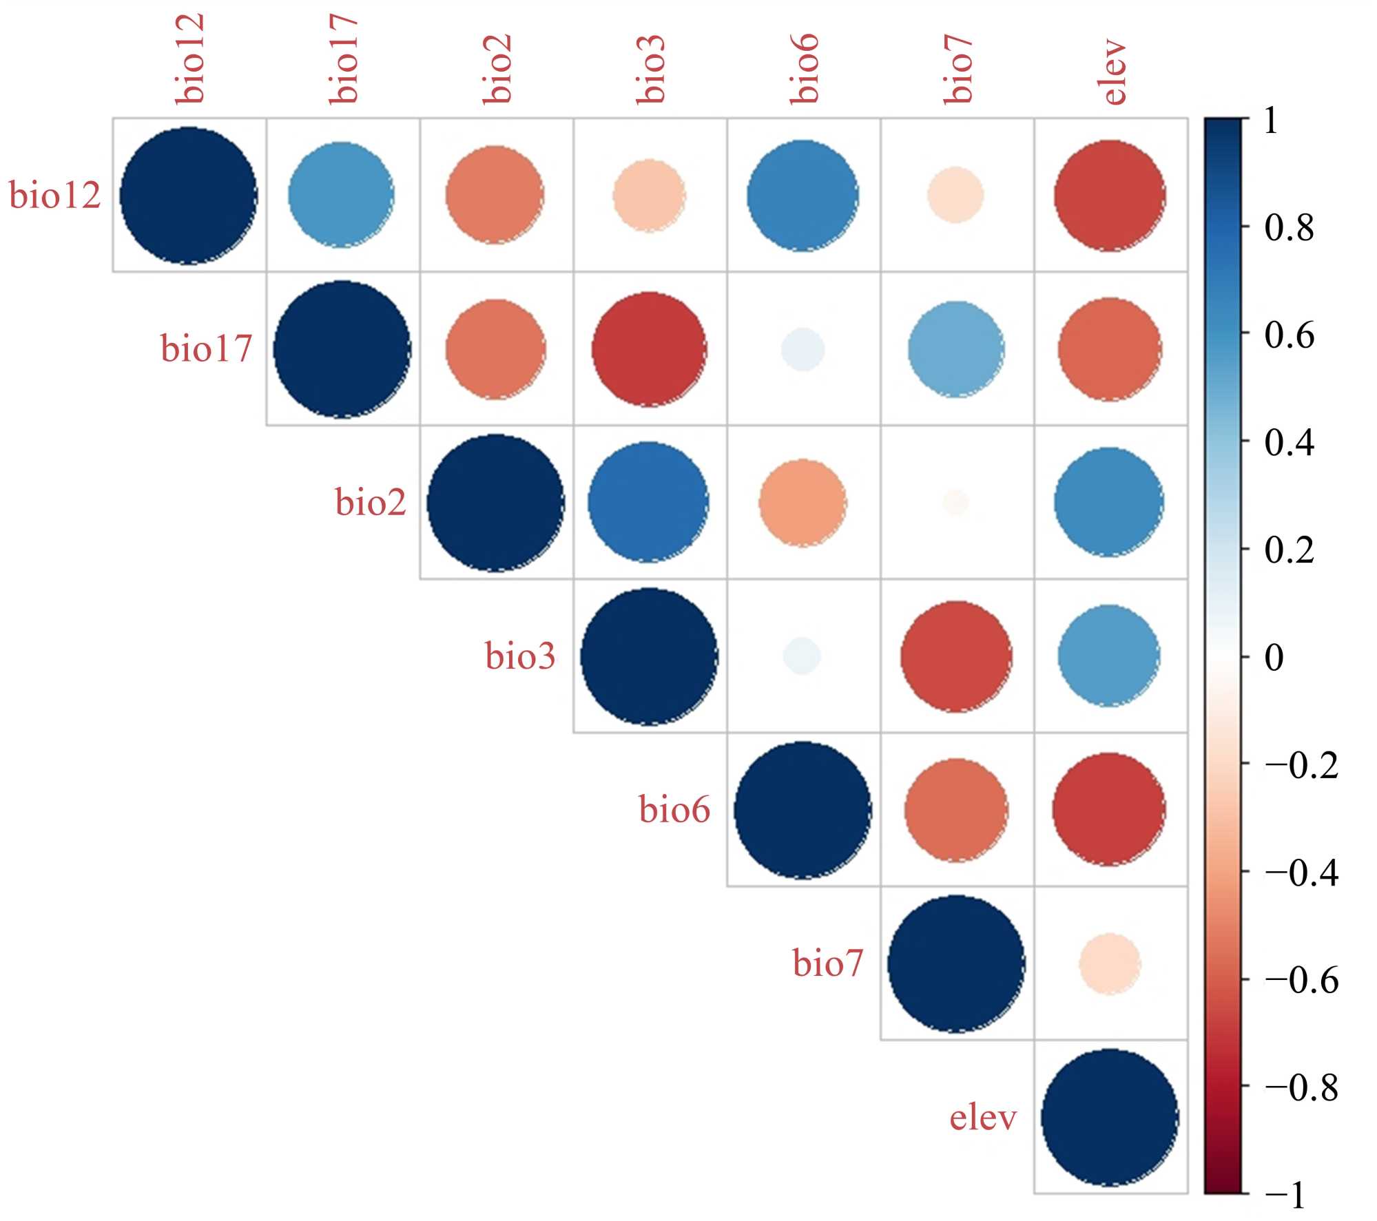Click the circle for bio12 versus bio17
[342, 195]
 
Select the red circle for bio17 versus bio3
[649, 349]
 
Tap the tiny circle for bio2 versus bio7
[956, 503]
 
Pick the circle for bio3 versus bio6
[803, 656]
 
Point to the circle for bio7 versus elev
[1110, 963]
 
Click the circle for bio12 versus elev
[1110, 196]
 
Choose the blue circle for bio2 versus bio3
[648, 502]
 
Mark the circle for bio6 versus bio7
[956, 810]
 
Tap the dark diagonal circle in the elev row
[1110, 1117]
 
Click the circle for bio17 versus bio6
[803, 350]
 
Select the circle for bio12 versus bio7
[955, 196]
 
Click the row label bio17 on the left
[206, 348]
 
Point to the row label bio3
[520, 656]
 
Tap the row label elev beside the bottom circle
[983, 1117]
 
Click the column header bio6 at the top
[805, 69]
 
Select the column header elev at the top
[1112, 72]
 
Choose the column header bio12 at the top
[189, 59]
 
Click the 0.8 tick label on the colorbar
[1289, 227]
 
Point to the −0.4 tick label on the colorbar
[1301, 873]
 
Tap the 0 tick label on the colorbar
[1274, 657]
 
